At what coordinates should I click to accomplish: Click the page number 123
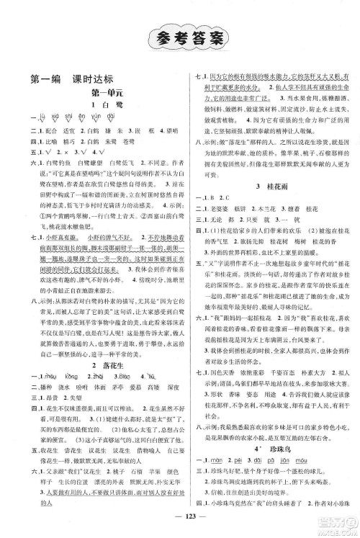point(180,520)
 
